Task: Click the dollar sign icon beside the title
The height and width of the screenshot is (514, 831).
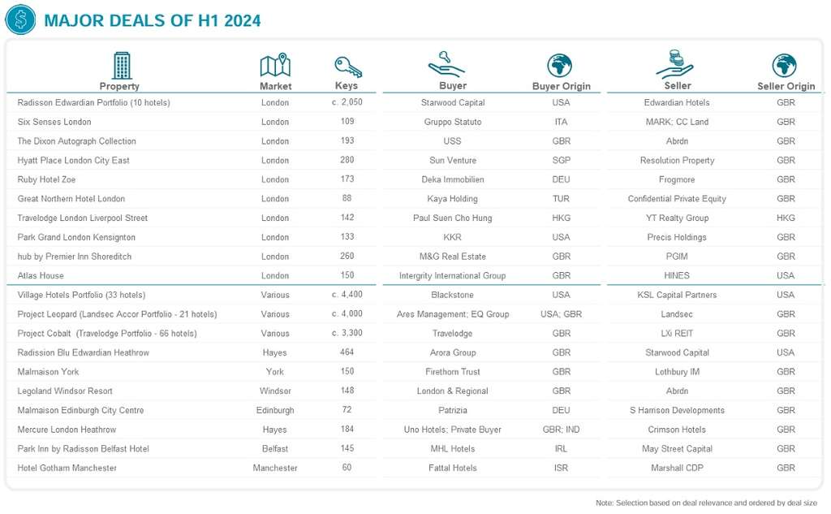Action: (x=19, y=19)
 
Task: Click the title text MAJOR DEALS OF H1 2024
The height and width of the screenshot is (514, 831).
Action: (x=152, y=20)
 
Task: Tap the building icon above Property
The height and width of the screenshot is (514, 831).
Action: (x=121, y=66)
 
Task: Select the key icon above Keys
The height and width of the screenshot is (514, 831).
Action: (x=347, y=67)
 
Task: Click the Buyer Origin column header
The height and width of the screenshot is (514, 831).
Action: (x=561, y=86)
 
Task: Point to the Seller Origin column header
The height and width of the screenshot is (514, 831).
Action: (x=786, y=86)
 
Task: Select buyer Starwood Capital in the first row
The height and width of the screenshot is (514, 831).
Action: (x=452, y=103)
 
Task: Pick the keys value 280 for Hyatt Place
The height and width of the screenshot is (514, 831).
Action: (x=347, y=161)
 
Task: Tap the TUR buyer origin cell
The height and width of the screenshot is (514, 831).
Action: (x=561, y=199)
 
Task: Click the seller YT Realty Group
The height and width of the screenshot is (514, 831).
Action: (x=678, y=218)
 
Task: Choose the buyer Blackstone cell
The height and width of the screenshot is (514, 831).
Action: (x=452, y=296)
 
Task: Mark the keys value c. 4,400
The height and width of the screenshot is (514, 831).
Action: (x=347, y=296)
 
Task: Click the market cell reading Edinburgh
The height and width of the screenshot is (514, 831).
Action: (x=275, y=411)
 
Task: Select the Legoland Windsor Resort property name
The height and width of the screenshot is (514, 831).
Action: (x=65, y=391)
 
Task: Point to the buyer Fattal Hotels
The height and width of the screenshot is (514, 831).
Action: (x=452, y=469)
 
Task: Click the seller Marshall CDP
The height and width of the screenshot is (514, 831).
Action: (x=678, y=469)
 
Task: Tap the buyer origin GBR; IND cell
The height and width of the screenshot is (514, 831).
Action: (x=561, y=430)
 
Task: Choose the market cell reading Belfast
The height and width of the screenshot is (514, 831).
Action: (x=275, y=449)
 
